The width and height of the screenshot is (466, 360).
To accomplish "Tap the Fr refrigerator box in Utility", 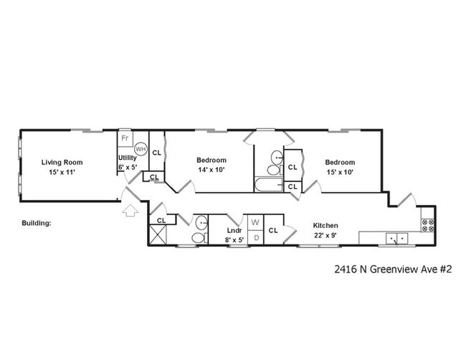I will (x=125, y=138).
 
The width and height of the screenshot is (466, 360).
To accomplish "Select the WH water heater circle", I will (x=141, y=149).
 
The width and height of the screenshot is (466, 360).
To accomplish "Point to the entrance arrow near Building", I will (x=130, y=211).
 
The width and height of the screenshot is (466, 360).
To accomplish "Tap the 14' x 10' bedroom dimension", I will (x=211, y=170).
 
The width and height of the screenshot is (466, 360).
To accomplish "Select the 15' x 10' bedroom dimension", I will (x=339, y=172).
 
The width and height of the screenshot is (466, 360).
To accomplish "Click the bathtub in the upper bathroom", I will (x=269, y=186).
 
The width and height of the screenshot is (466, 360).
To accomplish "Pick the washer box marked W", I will (x=255, y=222).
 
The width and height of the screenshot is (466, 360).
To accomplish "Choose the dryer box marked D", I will (x=255, y=237).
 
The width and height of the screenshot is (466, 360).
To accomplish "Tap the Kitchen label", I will (x=325, y=225).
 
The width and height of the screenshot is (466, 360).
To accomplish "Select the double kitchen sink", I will (x=395, y=237).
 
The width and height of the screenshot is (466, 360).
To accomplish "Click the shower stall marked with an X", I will (x=158, y=235).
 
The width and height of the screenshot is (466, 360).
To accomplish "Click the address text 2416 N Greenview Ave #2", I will (x=392, y=270).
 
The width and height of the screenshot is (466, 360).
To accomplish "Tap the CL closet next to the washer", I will (x=273, y=230).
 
